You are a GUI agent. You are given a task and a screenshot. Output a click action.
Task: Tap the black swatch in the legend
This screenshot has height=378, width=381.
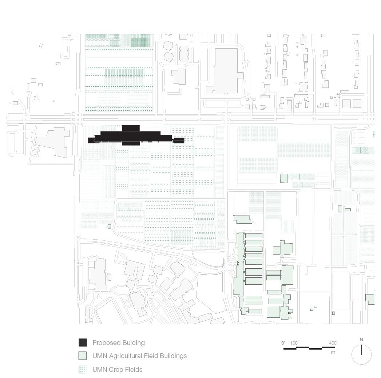tap(83, 342)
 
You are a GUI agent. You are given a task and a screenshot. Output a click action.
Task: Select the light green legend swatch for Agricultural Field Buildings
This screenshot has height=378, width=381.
tap(83, 356)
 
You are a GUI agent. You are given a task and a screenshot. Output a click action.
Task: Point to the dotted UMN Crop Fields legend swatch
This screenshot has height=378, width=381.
tap(83, 369)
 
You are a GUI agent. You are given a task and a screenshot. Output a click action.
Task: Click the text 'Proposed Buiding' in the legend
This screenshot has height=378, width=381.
tap(119, 343)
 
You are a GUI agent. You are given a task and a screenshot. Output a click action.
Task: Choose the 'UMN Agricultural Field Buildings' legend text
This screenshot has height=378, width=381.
tap(139, 356)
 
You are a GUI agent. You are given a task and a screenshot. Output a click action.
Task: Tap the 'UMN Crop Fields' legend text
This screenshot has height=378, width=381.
tap(117, 370)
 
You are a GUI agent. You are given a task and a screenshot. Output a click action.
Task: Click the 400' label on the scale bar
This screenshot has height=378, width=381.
tap(333, 343)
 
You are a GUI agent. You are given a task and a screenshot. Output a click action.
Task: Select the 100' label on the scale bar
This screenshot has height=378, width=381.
tap(294, 343)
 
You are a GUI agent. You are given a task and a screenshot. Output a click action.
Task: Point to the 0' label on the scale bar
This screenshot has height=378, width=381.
tap(283, 343)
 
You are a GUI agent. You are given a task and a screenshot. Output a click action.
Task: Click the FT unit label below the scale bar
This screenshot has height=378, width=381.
tap(333, 353)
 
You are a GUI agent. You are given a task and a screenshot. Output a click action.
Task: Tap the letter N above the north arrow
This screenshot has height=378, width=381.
tap(361, 340)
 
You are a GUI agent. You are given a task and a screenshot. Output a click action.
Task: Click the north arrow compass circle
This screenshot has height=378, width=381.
tap(361, 355)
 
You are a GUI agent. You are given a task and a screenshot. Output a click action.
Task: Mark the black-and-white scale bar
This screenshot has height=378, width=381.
tap(309, 348)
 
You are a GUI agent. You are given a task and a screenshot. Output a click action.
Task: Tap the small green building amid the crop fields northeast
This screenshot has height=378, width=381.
tap(283, 178)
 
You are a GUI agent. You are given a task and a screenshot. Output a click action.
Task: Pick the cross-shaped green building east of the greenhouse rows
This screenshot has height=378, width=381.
tap(282, 249)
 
